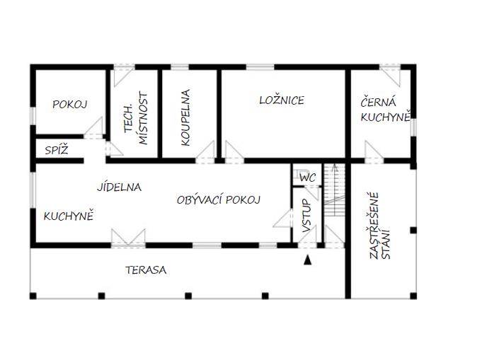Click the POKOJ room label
(69, 104)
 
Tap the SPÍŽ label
(57, 150)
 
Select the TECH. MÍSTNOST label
(135, 118)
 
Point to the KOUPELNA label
(185, 117)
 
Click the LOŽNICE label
(282, 100)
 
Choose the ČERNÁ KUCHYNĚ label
(385, 110)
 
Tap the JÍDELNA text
(119, 187)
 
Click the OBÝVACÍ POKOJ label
(218, 199)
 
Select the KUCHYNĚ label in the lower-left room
(69, 216)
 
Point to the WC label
(307, 178)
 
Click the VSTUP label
(306, 216)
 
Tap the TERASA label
(146, 269)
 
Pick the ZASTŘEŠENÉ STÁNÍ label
(379, 226)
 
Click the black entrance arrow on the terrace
(307, 260)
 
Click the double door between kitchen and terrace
(128, 238)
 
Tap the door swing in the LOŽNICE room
(234, 152)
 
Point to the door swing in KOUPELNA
(205, 152)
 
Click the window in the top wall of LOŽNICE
(260, 66)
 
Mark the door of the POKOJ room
(93, 127)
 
